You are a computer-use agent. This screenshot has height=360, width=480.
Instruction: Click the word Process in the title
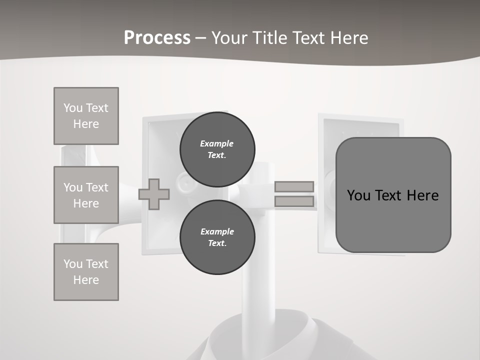tap(157, 38)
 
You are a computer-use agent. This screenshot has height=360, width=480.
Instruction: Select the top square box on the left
tap(86, 116)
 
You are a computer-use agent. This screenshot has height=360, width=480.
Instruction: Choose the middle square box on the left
tap(86, 195)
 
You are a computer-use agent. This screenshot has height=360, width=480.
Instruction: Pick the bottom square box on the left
tap(86, 272)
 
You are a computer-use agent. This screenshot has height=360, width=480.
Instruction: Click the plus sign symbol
tap(154, 194)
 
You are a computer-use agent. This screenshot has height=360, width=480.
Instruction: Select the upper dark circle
tap(217, 149)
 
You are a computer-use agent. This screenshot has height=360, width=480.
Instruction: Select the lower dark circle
tap(217, 237)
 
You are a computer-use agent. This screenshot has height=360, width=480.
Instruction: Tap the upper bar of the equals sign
tap(294, 187)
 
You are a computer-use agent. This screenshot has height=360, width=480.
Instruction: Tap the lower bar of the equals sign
tap(294, 201)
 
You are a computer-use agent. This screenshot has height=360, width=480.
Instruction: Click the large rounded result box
tap(393, 195)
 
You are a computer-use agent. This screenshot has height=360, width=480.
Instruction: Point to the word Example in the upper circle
tap(217, 143)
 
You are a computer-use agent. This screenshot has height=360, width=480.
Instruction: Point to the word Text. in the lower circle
tap(217, 243)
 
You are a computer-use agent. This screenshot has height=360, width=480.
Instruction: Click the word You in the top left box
tap(73, 108)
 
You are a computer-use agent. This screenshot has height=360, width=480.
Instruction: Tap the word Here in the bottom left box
tap(86, 280)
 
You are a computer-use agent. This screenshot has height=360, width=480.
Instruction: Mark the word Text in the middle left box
tap(96, 187)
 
